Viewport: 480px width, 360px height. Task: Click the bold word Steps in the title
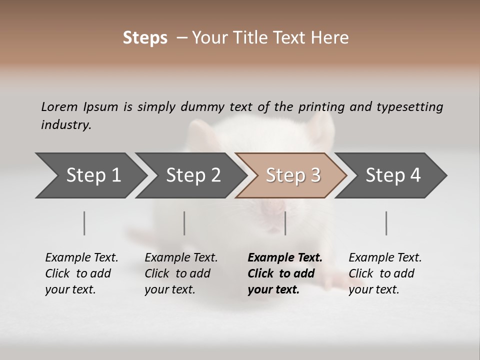[x=145, y=38]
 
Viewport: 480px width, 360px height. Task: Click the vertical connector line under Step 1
[x=84, y=223]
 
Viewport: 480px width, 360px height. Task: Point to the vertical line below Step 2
[x=184, y=223]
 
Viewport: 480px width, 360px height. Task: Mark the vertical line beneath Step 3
[x=285, y=223]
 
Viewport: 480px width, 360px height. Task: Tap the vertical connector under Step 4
[x=386, y=223]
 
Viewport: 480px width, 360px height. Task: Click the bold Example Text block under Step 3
[x=285, y=273]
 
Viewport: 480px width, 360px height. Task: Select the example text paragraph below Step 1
[x=81, y=273]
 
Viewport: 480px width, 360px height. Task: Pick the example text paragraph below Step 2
[x=181, y=273]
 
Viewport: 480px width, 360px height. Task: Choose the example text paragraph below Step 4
[x=385, y=273]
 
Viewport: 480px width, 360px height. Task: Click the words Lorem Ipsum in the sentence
[x=79, y=107]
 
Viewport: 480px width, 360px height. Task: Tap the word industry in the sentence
[x=65, y=125]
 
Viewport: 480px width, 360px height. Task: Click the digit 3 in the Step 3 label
[x=315, y=175]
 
